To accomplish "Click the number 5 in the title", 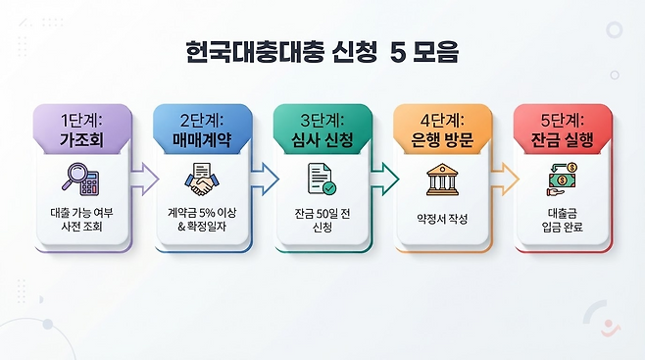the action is coord(398,52).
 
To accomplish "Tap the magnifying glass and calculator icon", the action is coord(81,179).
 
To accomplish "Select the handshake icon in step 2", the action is coord(202,180).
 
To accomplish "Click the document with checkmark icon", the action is coord(322,179).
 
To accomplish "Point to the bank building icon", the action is coord(442,180).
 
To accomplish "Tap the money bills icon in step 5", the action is coord(562,180).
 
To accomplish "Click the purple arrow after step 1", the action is coord(144,179).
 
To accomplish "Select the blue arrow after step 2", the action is coord(265,179).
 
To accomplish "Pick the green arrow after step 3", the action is coord(385,179).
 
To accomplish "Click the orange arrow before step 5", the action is coord(505,179).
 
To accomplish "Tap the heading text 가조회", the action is coord(81,140).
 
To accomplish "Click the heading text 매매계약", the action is coord(202,140).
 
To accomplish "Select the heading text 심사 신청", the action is coord(322,140).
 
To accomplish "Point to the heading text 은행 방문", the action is coord(442,140).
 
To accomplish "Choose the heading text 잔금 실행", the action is coord(563,140).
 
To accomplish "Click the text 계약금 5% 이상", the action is coord(202,213).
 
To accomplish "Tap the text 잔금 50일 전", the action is coord(322,214).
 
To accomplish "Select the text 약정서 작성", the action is coord(442,219).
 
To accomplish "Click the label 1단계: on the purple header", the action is coord(81,121).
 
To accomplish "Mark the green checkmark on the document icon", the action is coord(329,188).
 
